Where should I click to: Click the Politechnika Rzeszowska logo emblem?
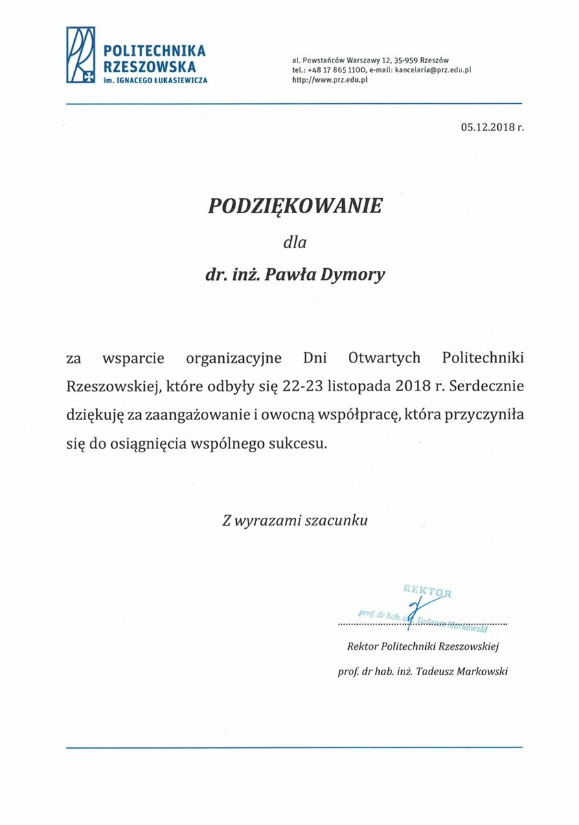click(80, 55)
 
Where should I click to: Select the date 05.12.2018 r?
click(492, 127)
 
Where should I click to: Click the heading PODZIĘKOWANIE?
click(295, 207)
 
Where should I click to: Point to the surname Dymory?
click(357, 275)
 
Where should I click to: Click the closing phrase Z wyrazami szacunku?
click(295, 520)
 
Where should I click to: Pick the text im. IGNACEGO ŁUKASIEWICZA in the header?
click(155, 80)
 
